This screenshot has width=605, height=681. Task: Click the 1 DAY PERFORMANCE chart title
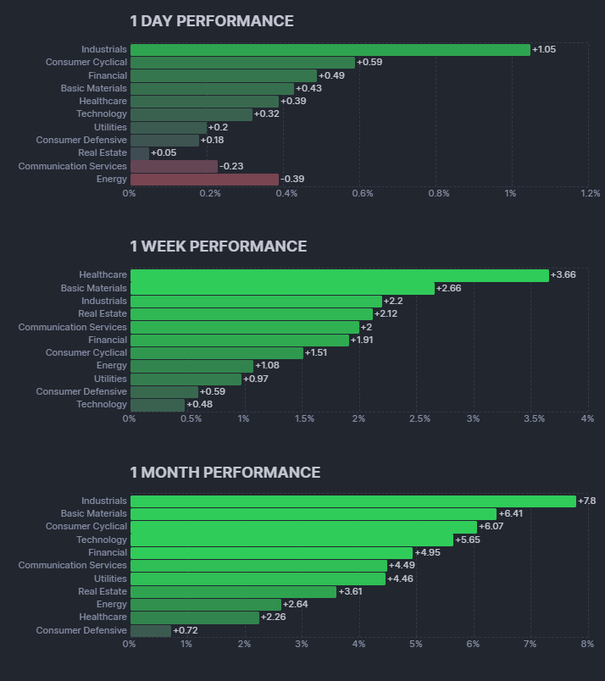[212, 21]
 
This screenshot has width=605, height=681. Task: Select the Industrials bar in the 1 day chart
[330, 50]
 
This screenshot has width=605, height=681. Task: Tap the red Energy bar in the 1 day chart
[204, 180]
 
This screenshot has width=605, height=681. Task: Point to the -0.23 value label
[231, 166]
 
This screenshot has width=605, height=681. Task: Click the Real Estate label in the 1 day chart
[103, 153]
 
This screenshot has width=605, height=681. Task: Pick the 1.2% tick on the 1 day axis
[590, 193]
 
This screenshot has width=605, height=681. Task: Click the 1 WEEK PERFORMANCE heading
[219, 246]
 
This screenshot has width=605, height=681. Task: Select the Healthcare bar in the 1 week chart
[339, 275]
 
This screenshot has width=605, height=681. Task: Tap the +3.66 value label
[563, 275]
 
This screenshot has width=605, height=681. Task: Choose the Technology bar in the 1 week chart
[157, 405]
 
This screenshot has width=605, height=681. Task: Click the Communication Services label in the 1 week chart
[73, 327]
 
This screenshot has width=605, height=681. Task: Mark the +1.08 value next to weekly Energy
[268, 366]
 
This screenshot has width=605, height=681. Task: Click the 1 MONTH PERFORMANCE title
[225, 473]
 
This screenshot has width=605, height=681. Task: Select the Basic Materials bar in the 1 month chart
[313, 514]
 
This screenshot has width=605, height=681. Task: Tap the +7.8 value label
[586, 501]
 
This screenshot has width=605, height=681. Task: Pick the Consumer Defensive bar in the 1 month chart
[150, 631]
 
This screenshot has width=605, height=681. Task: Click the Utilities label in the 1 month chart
[110, 579]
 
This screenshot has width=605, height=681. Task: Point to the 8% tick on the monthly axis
[587, 645]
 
